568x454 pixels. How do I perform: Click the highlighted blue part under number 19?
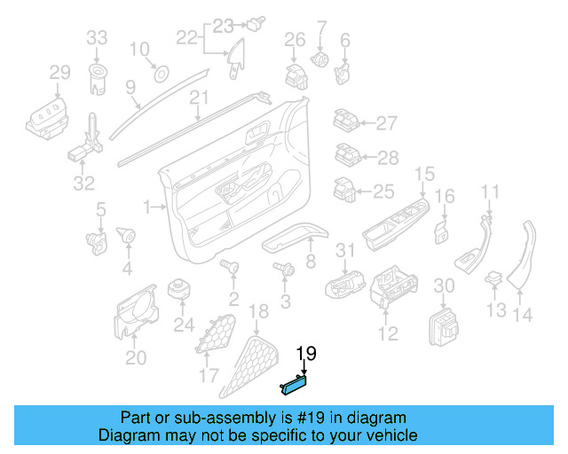(x=294, y=383)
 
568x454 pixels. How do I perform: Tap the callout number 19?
(x=305, y=355)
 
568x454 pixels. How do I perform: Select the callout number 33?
(x=96, y=37)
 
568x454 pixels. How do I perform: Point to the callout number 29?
(x=59, y=73)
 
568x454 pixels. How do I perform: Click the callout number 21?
(x=198, y=98)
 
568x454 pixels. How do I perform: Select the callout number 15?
(x=425, y=174)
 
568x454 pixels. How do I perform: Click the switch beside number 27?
(x=346, y=122)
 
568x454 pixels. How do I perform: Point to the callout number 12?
(x=388, y=333)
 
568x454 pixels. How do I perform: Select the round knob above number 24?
(x=183, y=290)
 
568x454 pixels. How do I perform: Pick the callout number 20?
(x=136, y=357)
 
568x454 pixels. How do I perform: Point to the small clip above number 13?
(x=493, y=281)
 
